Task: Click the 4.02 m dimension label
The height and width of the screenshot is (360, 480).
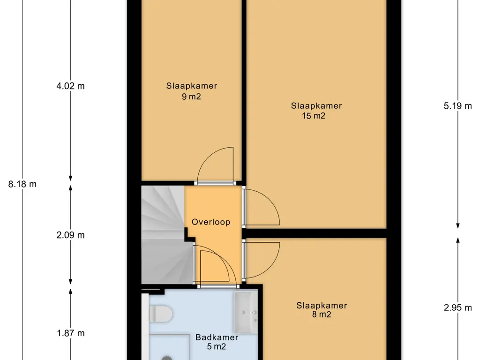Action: (70, 86)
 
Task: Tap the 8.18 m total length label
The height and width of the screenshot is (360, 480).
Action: (22, 184)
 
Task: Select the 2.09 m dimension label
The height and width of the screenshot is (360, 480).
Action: (70, 235)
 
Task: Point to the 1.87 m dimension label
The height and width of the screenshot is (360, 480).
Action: (71, 333)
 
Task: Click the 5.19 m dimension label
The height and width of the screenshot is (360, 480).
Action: (457, 106)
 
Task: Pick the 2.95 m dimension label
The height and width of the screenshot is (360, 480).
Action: (457, 307)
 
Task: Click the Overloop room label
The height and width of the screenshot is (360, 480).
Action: (211, 222)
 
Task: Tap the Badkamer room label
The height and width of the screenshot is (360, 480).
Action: (217, 337)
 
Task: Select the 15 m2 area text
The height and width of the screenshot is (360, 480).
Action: (314, 116)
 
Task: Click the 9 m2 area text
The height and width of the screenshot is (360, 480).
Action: (191, 97)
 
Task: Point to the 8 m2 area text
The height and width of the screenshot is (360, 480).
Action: (322, 315)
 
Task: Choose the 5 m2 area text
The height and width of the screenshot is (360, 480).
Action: (217, 346)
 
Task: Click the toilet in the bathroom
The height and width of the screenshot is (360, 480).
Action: (161, 314)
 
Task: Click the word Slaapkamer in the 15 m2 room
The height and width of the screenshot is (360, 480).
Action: (316, 106)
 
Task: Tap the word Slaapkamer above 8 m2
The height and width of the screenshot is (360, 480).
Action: (322, 306)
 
